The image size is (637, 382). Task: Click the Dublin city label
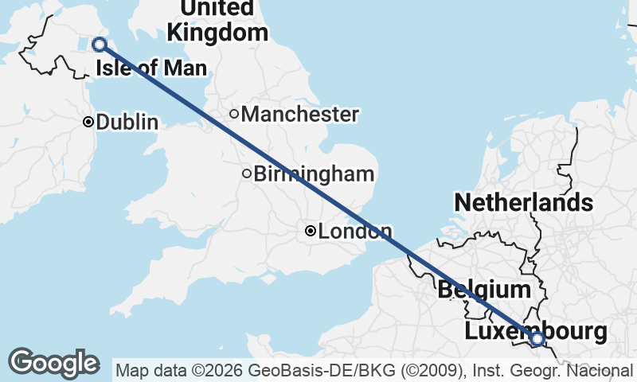pyautogui.click(x=127, y=123)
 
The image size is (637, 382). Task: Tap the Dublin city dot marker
pyautogui.click(x=88, y=122)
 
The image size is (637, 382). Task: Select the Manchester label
pyautogui.click(x=299, y=115)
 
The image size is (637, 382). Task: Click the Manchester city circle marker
pyautogui.click(x=234, y=114)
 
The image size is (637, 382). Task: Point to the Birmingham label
pyautogui.click(x=314, y=173)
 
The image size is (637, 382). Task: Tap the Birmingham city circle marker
pyautogui.click(x=247, y=173)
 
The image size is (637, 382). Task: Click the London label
pyautogui.click(x=355, y=232)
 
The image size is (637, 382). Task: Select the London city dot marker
pyautogui.click(x=311, y=232)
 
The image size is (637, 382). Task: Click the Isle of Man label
pyautogui.click(x=151, y=68)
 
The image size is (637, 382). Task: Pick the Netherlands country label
pyautogui.click(x=523, y=203)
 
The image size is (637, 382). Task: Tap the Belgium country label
pyautogui.click(x=483, y=290)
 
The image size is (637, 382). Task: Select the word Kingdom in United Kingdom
pyautogui.click(x=217, y=33)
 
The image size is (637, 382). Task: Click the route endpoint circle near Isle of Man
pyautogui.click(x=100, y=45)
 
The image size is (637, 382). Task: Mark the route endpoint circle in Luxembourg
pyautogui.click(x=537, y=340)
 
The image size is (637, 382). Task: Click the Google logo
pyautogui.click(x=53, y=363)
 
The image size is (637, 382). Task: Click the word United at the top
pyautogui.click(x=217, y=8)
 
